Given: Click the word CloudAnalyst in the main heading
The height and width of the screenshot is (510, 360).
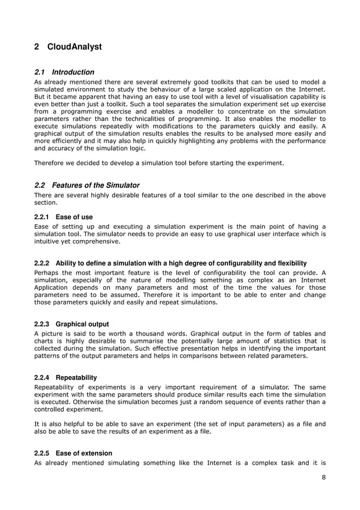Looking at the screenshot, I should click(x=74, y=47).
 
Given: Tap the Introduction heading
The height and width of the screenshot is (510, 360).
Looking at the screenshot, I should click(x=73, y=72).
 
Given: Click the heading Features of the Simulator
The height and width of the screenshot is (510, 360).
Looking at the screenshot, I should click(x=95, y=185).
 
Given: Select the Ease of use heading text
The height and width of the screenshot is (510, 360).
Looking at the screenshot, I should click(x=74, y=217).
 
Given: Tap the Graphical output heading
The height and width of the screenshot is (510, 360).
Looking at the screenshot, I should click(x=82, y=324).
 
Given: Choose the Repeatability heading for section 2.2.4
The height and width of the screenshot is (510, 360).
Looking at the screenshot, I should click(x=76, y=377).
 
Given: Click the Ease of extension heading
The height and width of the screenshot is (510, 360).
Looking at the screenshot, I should click(x=84, y=453).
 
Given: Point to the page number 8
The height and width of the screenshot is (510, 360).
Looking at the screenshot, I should click(x=323, y=478).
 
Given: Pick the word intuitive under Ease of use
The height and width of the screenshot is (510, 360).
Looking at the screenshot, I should click(x=50, y=241).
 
